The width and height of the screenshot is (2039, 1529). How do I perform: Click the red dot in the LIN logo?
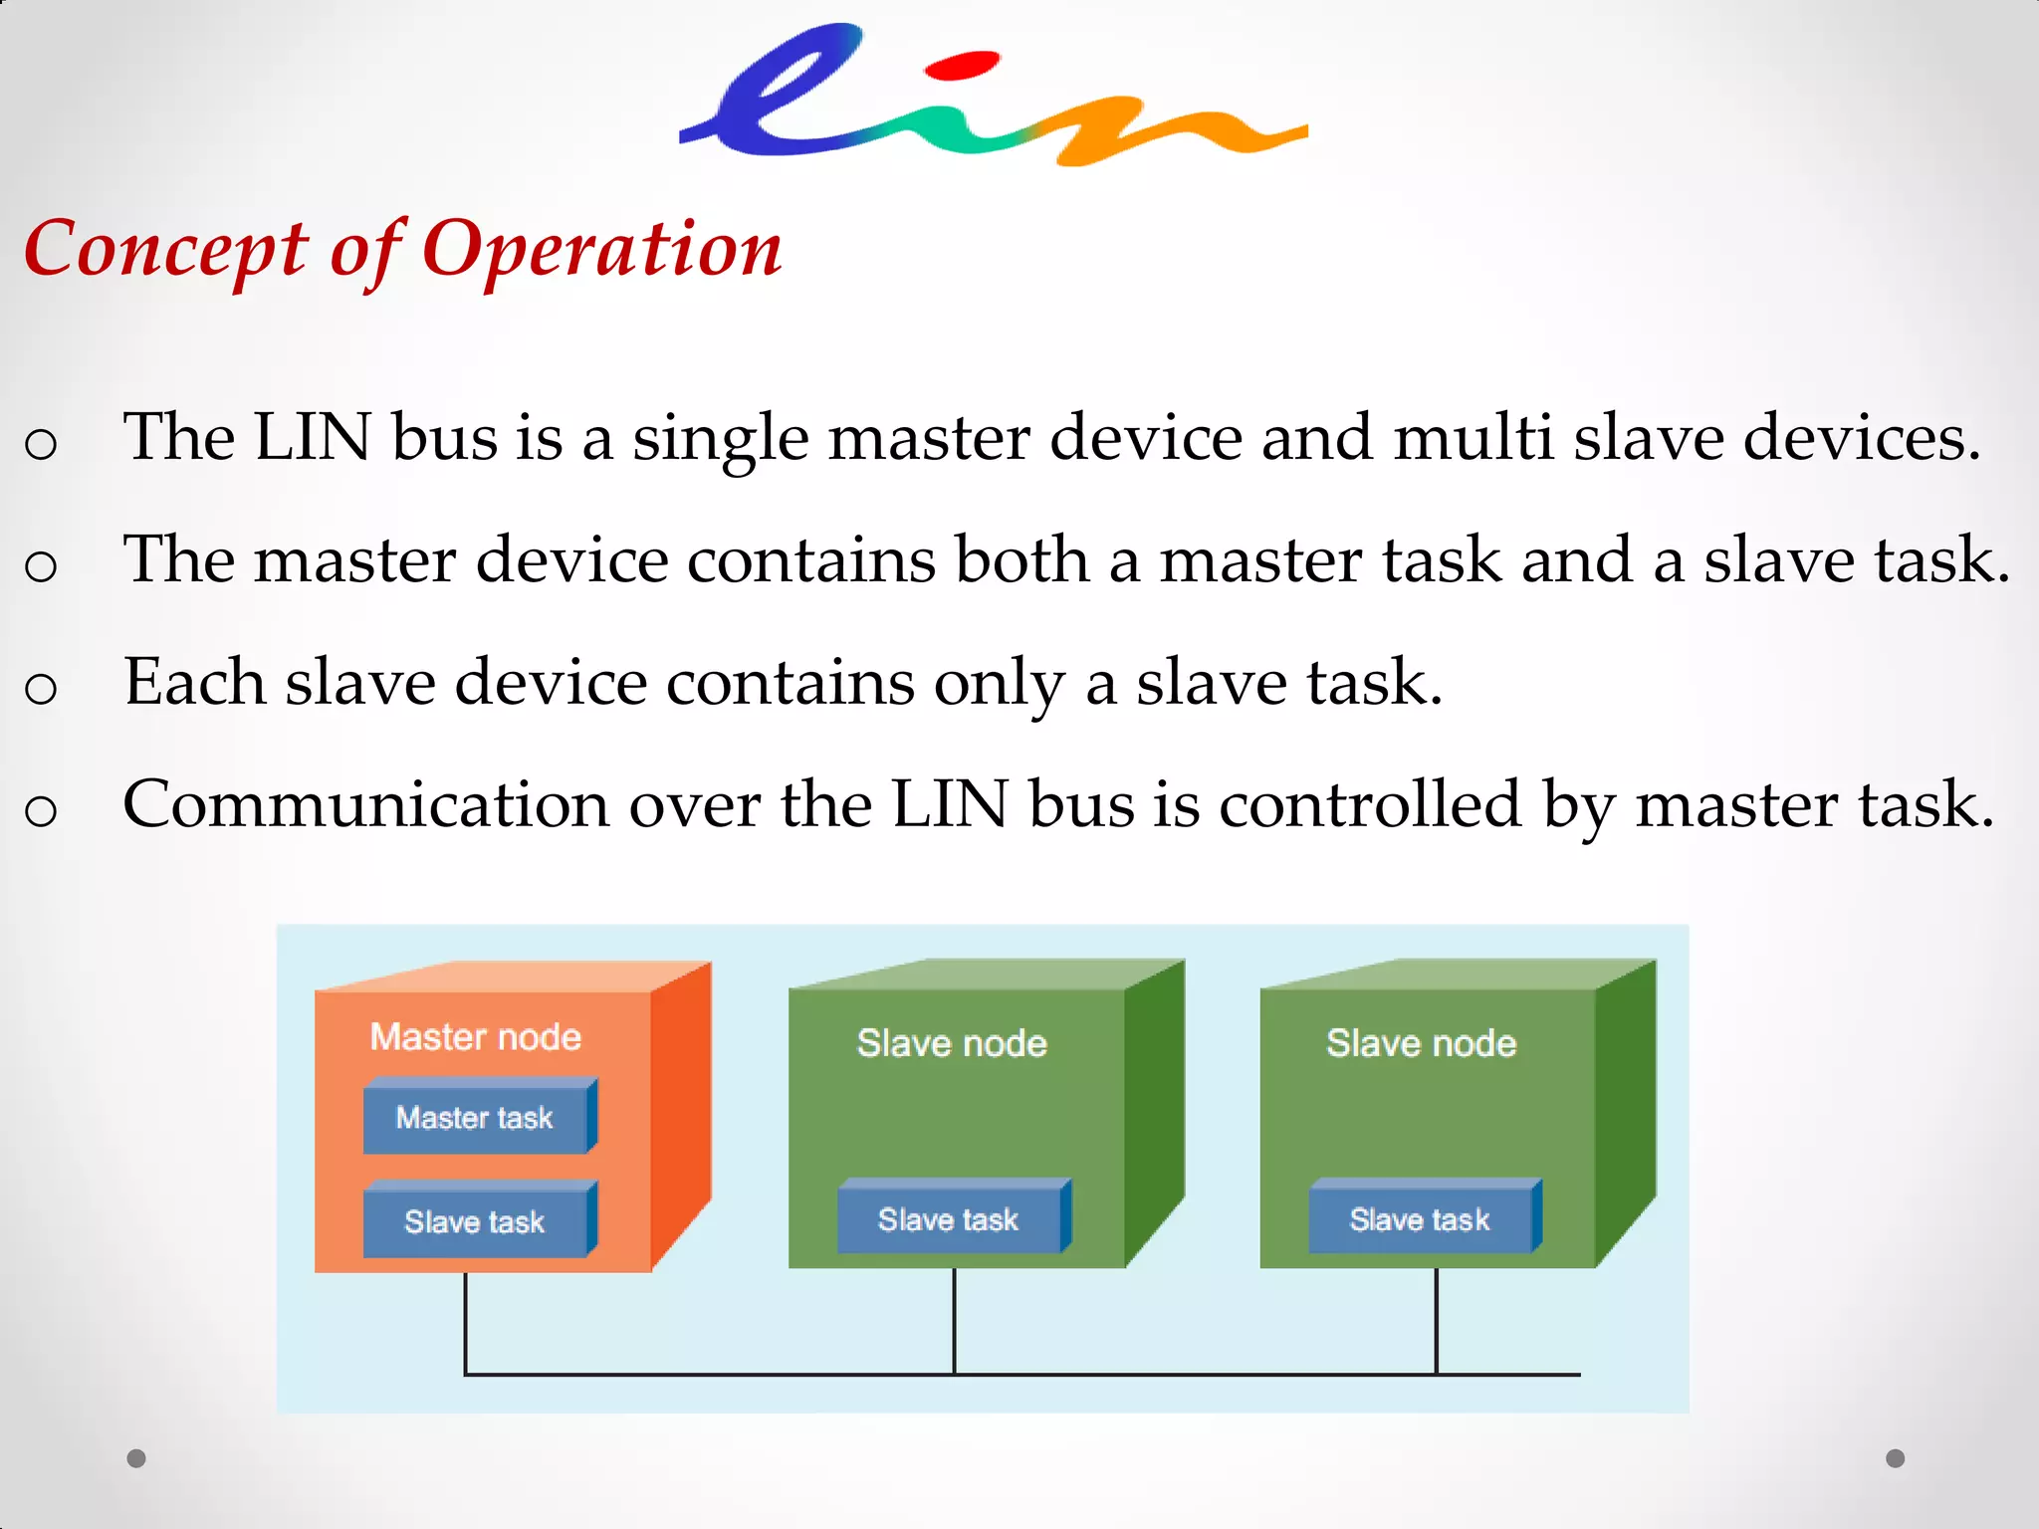[961, 66]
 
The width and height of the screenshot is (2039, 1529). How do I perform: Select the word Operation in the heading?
[602, 249]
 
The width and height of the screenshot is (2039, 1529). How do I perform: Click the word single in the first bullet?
[720, 438]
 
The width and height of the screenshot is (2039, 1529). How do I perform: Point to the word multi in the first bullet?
[1473, 438]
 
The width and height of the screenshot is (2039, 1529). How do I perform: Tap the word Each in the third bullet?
[195, 683]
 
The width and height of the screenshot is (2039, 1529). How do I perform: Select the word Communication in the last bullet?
[365, 804]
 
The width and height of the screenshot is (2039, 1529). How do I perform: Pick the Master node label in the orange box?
[475, 1037]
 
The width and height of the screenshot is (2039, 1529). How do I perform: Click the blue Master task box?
[475, 1118]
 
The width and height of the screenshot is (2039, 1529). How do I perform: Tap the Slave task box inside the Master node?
[475, 1221]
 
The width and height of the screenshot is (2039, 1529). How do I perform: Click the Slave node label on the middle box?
[952, 1043]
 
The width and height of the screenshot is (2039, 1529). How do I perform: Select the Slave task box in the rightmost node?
[1420, 1219]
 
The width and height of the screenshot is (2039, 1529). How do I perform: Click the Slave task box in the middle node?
[949, 1219]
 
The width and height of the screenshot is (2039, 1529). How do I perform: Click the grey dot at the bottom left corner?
[136, 1458]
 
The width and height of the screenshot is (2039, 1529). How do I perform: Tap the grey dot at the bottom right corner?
[1896, 1458]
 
